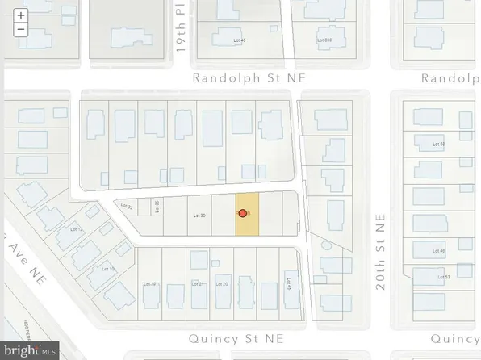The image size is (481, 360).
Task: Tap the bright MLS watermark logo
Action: tap(30, 350)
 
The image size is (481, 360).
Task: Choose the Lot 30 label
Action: tap(200, 216)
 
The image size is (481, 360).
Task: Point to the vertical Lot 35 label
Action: tap(157, 206)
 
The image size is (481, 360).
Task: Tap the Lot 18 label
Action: tap(151, 284)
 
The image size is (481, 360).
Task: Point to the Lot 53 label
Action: tap(441, 277)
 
